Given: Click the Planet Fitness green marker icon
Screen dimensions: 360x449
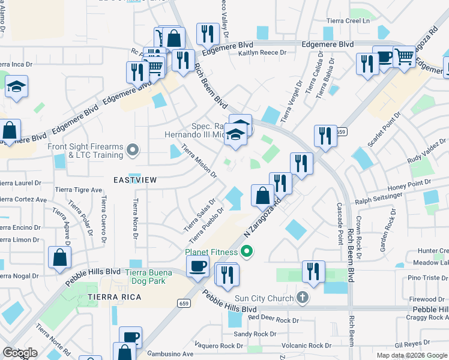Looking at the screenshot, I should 246,251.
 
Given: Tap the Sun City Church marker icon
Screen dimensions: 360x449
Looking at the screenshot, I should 303,298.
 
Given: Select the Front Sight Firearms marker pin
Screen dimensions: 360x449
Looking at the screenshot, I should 133,149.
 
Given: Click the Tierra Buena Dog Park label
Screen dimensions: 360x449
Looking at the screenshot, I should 149,277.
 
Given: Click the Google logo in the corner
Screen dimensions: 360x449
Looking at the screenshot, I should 19,353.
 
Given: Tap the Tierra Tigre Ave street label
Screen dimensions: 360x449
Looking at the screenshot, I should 79,190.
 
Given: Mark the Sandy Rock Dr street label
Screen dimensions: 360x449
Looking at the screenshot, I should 255,334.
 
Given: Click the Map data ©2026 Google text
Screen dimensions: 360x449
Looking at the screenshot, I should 411,355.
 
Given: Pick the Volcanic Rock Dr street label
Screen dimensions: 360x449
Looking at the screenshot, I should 307,346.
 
